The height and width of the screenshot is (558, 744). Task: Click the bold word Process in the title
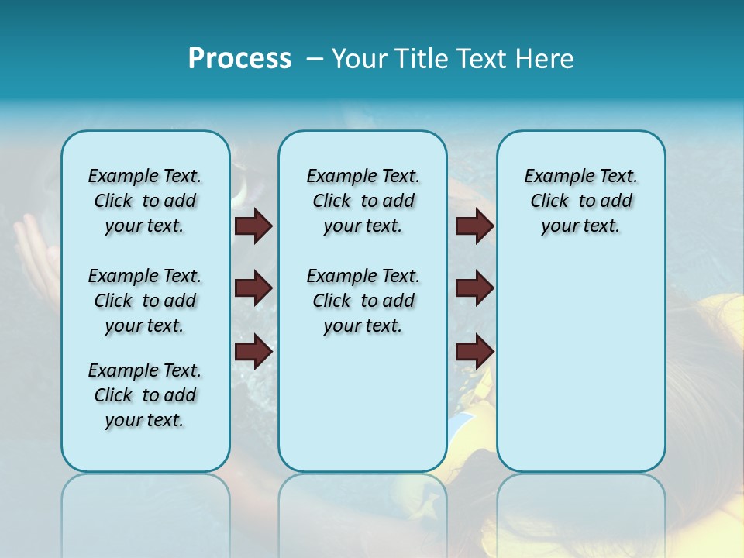[239, 59]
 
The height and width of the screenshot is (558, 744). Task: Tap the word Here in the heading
[546, 59]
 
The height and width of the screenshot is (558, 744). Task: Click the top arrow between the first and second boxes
[253, 226]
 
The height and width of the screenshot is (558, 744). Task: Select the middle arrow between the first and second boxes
[253, 288]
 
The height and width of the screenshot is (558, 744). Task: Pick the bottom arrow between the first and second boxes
[253, 351]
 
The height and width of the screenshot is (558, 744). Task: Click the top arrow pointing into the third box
[474, 226]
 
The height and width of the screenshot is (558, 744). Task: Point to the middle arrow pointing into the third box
[474, 288]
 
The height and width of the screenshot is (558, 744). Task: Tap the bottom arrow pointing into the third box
[474, 351]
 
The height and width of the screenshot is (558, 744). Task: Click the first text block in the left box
[145, 201]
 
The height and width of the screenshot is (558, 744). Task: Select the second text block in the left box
[145, 301]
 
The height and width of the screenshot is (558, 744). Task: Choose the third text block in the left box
[145, 395]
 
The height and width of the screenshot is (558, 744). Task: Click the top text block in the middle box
[363, 201]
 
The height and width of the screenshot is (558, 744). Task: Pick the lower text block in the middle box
[363, 301]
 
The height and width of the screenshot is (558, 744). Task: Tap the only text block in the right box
[580, 201]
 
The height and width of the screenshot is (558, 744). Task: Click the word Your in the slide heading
[360, 59]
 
